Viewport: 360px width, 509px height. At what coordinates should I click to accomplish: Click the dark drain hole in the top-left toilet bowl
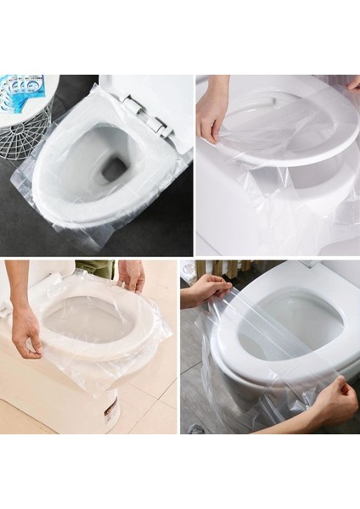click(115, 169)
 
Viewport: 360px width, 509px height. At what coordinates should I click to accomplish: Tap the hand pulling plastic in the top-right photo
click(211, 119)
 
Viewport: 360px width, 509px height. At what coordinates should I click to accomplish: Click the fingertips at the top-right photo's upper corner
click(352, 82)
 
